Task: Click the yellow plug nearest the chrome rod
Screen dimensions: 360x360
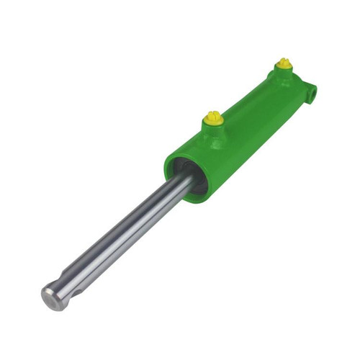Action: point(212,117)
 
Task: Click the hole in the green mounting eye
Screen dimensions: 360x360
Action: point(312,92)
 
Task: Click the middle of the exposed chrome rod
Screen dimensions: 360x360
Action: point(122,238)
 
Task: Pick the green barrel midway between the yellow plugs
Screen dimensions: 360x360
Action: point(248,108)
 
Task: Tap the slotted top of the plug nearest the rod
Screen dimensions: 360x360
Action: point(212,114)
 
